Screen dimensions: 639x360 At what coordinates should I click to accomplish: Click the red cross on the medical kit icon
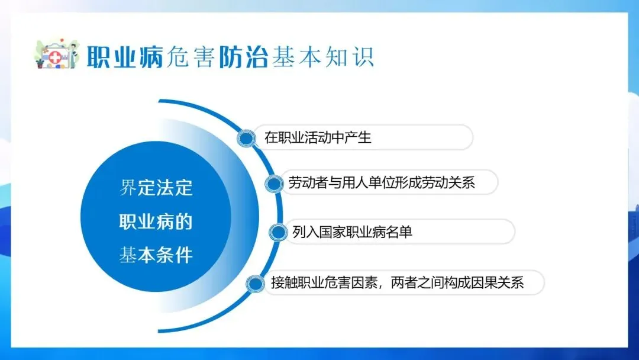pyautogui.click(x=55, y=58)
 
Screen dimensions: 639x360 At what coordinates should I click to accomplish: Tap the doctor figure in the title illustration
pyautogui.click(x=73, y=56)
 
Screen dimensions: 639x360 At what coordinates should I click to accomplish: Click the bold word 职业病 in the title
pyautogui.click(x=125, y=57)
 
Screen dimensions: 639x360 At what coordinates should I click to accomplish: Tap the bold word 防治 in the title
pyautogui.click(x=243, y=57)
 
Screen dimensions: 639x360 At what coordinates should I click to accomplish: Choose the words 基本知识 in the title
pyautogui.click(x=323, y=57)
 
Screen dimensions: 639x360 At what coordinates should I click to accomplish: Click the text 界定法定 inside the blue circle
pyautogui.click(x=156, y=188)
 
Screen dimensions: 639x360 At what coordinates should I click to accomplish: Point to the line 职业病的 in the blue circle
pyautogui.click(x=156, y=222)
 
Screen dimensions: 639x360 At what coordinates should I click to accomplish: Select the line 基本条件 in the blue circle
pyautogui.click(x=156, y=255)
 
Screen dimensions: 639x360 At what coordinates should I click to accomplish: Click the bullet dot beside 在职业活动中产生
pyautogui.click(x=246, y=138)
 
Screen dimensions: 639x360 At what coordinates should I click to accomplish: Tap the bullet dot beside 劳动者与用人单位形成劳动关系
pyautogui.click(x=274, y=184)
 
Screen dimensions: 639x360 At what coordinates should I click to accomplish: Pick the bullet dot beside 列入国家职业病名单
pyautogui.click(x=278, y=232)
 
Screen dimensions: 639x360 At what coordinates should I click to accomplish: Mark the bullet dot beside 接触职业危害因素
pyautogui.click(x=255, y=284)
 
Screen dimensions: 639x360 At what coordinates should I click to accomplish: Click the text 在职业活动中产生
pyautogui.click(x=318, y=137)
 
